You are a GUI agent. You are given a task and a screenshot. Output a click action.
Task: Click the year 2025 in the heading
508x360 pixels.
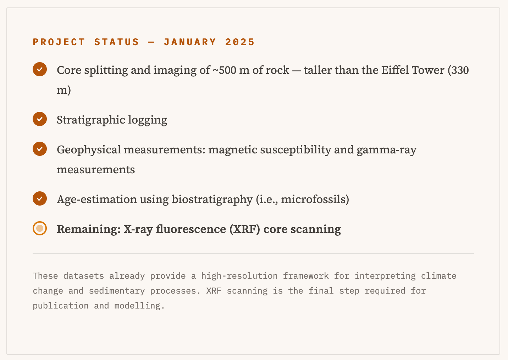240,42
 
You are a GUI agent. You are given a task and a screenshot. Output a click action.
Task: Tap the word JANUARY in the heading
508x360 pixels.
190,42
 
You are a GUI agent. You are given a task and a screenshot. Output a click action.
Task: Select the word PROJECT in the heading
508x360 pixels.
59,42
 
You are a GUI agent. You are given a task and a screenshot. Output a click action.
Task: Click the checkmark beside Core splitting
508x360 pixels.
40,69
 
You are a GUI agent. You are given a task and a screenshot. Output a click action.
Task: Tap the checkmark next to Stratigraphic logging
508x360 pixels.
40,119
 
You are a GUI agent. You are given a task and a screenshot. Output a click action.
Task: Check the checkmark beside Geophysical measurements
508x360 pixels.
40,149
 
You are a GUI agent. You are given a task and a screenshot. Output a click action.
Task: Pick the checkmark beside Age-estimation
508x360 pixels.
40,198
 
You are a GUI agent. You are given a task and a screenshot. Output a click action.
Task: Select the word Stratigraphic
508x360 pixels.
91,120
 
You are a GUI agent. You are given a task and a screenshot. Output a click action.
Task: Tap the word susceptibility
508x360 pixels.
296,150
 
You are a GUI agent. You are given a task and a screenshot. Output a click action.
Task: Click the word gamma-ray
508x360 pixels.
386,150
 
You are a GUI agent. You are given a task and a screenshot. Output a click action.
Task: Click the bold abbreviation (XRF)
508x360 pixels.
245,229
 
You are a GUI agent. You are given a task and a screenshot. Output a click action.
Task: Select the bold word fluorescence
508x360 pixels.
191,229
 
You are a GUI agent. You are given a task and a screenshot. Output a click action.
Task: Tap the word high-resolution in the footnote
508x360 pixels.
239,276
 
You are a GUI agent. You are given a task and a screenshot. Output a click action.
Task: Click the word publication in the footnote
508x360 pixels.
61,306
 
